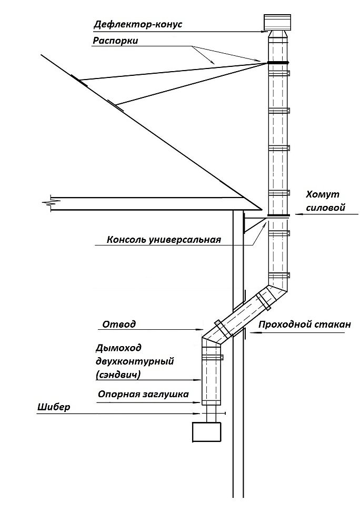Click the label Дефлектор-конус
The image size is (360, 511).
(138, 24)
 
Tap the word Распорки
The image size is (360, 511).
(116, 41)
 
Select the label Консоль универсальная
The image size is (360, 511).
(164, 240)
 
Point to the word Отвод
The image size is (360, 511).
(119, 325)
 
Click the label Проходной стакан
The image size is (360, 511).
(305, 325)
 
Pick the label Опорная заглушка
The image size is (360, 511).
(144, 394)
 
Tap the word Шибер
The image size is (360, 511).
(54, 407)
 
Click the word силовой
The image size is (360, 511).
(326, 208)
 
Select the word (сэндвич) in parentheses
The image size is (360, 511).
(118, 375)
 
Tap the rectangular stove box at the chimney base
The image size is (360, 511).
(207, 432)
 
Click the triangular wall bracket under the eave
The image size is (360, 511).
(253, 225)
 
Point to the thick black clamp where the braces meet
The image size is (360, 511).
(278, 63)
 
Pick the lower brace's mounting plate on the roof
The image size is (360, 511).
(115, 106)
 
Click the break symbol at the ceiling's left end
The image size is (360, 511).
(48, 203)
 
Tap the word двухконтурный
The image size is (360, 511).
(135, 361)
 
